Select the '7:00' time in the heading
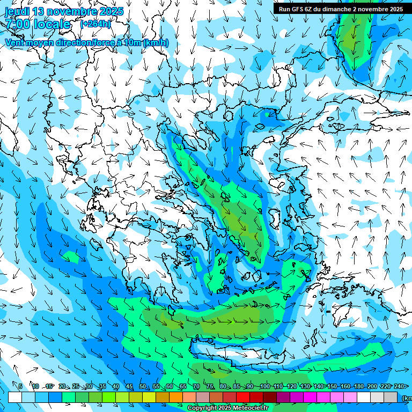17,24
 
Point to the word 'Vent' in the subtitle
16,42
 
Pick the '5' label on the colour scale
20,386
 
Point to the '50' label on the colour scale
143,386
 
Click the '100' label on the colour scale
264,386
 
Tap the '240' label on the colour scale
399,386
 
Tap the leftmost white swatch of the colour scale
14,397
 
